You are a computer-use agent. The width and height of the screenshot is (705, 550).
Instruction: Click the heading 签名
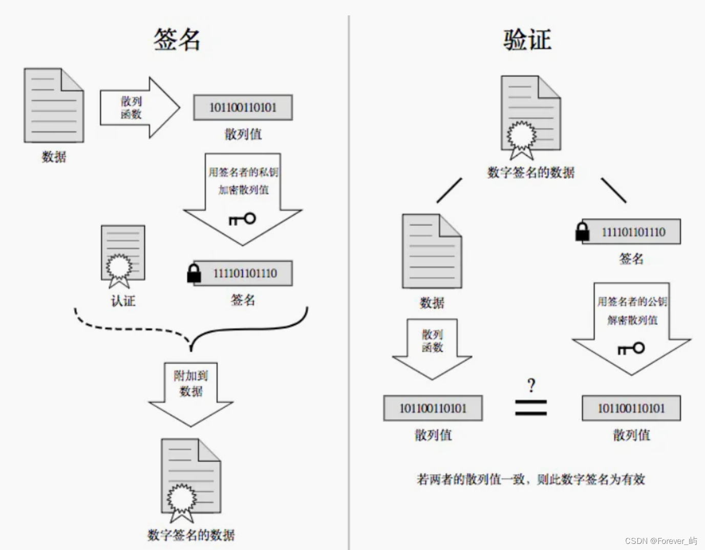177,39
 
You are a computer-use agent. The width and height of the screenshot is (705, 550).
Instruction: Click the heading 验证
527,40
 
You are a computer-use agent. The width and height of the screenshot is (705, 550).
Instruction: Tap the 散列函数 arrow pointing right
138,108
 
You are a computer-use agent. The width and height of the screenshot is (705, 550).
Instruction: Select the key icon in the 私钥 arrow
242,219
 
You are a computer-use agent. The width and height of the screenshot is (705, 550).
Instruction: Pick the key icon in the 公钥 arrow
631,349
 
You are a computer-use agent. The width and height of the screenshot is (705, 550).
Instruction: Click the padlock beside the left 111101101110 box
194,273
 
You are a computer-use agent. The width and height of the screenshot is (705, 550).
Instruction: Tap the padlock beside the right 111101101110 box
583,231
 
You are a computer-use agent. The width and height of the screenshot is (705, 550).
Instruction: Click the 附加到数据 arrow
191,392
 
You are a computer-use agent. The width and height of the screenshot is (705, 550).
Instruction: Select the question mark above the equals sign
531,385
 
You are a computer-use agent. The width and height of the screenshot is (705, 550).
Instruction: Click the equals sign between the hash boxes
531,407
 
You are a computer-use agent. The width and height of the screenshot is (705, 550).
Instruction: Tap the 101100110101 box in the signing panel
243,108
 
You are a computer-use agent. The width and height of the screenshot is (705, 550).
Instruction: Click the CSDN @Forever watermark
660,541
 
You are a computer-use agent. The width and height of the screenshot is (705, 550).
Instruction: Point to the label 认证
123,301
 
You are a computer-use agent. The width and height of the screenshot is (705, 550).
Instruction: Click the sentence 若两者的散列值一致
530,479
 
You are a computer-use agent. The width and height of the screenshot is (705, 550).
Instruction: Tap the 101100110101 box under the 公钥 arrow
631,408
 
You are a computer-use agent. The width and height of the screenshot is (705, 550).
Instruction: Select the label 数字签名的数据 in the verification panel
530,172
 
